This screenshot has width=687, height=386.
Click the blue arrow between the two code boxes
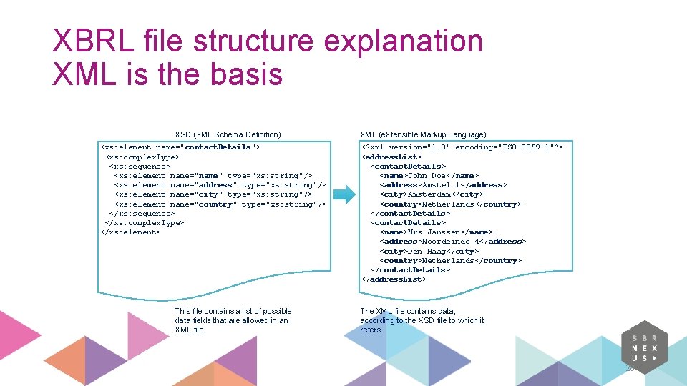pyautogui.click(x=345, y=194)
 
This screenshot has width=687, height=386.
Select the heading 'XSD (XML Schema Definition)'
pyautogui.click(x=228, y=134)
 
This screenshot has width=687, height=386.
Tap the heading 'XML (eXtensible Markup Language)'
pyautogui.click(x=423, y=134)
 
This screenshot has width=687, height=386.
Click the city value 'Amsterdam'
pyautogui.click(x=429, y=194)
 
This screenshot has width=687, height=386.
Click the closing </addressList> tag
pyautogui.click(x=394, y=279)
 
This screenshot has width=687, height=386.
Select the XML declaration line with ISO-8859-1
pyautogui.click(x=462, y=147)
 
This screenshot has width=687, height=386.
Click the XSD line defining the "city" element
pyautogui.click(x=213, y=194)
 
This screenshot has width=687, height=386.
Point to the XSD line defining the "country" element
pyautogui.click(x=220, y=204)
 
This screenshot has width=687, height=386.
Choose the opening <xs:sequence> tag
pyautogui.click(x=140, y=166)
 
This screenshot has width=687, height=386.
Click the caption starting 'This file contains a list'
pyautogui.click(x=233, y=320)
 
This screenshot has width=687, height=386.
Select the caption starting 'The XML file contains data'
pyautogui.click(x=422, y=320)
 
